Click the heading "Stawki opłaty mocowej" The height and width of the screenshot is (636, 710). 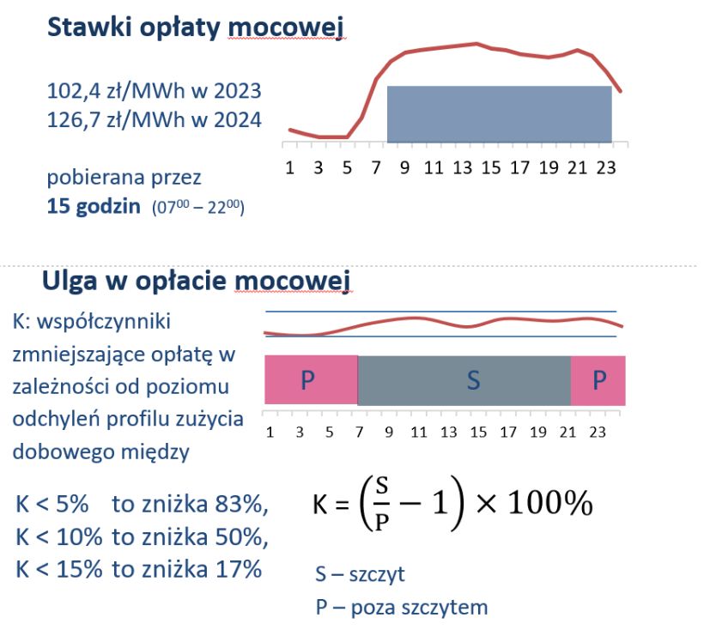(196, 27)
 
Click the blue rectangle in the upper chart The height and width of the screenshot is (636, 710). (499, 114)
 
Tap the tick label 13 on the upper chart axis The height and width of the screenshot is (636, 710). (462, 167)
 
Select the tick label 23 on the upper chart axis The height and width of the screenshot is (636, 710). (605, 167)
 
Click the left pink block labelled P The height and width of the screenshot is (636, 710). (310, 380)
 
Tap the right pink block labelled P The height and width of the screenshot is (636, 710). (598, 380)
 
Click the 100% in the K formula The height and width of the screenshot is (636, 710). (549, 505)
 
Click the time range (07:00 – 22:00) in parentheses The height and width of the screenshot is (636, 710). (198, 209)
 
